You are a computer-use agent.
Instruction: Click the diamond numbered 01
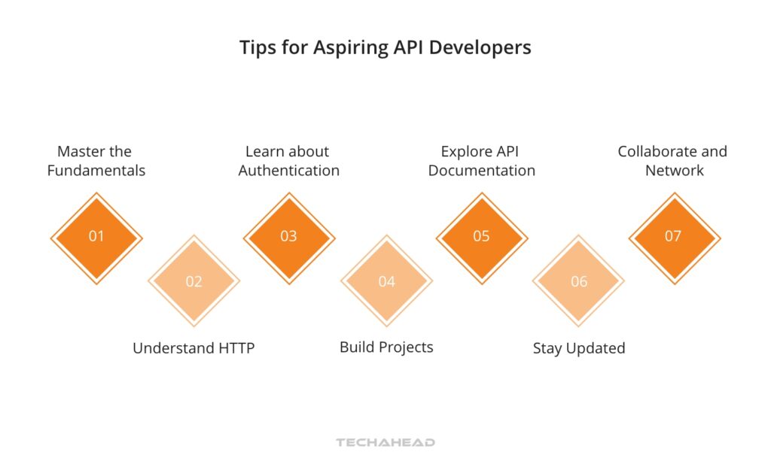click(96, 238)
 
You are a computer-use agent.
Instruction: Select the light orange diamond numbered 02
click(194, 281)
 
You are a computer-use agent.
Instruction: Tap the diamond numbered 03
click(289, 238)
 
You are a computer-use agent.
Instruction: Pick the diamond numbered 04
click(386, 281)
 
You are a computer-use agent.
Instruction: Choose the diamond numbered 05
click(482, 238)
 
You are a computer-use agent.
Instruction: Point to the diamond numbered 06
click(578, 281)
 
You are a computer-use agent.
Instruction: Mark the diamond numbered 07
click(675, 238)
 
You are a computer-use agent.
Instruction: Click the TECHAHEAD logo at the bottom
click(385, 442)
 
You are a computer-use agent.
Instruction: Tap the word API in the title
click(409, 47)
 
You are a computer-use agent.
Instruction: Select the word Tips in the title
click(258, 48)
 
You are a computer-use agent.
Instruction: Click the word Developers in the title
click(480, 48)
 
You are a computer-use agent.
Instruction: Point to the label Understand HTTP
click(194, 348)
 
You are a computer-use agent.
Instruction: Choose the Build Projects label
click(386, 347)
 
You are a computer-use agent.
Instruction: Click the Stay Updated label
click(579, 348)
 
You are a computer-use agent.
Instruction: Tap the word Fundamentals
click(96, 170)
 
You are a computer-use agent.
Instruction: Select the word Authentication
click(289, 170)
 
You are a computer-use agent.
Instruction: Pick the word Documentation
click(482, 170)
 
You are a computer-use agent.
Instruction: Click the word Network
click(675, 170)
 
